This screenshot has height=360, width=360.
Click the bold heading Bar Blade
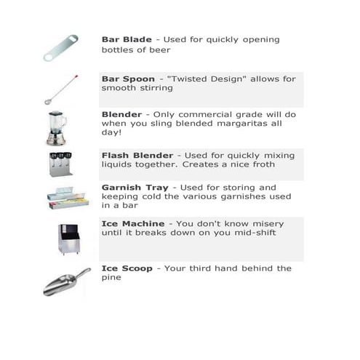127,39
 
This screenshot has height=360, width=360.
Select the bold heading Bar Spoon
129,77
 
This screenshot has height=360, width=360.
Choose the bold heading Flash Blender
137,155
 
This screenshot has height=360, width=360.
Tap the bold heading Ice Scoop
127,268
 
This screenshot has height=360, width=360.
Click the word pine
113,279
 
